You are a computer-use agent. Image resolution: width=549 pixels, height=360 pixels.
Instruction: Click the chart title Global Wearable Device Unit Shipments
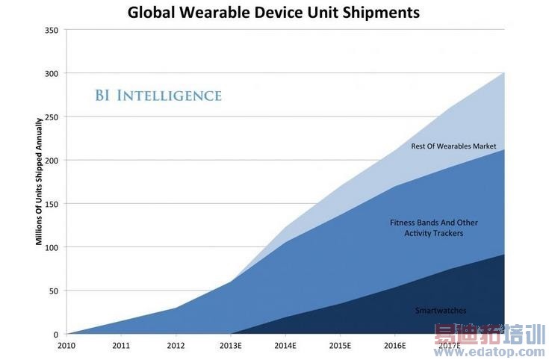click(273, 13)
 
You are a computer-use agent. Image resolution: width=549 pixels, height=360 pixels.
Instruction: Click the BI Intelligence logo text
click(158, 96)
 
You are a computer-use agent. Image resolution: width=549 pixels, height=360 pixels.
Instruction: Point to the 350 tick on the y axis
click(52, 31)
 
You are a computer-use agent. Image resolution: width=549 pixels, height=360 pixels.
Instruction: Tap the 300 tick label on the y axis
click(52, 74)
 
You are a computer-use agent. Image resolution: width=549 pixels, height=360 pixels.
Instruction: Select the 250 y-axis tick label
click(52, 117)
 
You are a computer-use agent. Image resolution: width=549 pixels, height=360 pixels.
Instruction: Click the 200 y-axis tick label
click(52, 161)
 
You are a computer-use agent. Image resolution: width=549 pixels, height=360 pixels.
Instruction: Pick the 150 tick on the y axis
click(52, 204)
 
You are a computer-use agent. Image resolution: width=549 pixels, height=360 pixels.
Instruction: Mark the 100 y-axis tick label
click(52, 247)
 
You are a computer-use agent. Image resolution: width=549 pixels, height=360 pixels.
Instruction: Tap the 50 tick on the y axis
click(54, 291)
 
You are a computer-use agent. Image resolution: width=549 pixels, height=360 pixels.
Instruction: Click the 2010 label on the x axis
click(66, 346)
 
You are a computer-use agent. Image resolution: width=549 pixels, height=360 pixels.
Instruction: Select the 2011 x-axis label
click(121, 346)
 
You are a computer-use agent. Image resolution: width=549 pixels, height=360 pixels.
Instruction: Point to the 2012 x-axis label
click(176, 346)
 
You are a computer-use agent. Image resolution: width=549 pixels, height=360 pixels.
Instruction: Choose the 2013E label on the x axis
click(231, 346)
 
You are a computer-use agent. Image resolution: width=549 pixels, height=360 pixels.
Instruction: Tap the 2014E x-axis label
click(285, 346)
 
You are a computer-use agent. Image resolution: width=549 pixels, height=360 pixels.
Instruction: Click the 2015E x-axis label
click(340, 346)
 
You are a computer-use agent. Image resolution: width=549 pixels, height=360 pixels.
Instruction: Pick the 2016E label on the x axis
click(394, 346)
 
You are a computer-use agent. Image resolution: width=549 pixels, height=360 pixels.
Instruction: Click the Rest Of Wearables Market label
click(453, 146)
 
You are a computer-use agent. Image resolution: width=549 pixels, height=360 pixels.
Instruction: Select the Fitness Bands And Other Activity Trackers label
click(434, 228)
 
